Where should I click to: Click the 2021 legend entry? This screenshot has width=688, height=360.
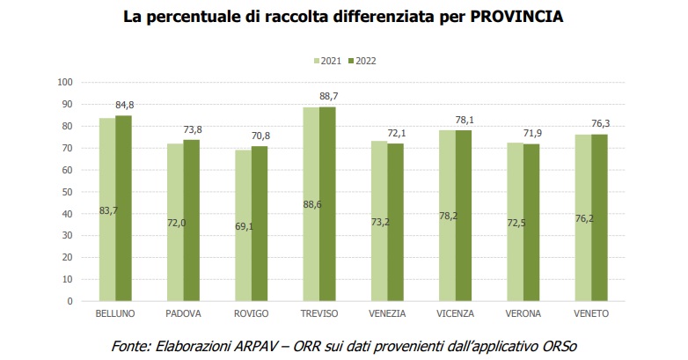(x=327, y=62)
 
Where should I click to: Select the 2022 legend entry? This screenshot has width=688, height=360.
(x=362, y=62)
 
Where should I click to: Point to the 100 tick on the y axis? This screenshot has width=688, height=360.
(x=63, y=83)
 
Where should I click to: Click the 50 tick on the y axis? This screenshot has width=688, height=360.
(x=66, y=192)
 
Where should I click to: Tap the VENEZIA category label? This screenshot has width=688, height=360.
(x=387, y=313)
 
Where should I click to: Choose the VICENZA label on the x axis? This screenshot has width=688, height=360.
(x=456, y=313)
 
